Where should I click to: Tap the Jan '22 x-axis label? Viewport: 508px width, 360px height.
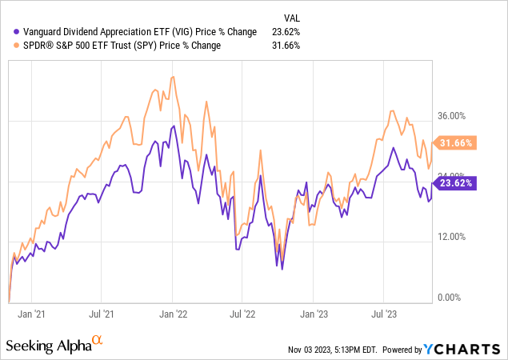click(x=174, y=316)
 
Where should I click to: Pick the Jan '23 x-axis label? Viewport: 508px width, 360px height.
click(x=314, y=316)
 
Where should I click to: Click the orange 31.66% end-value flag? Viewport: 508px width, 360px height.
click(x=454, y=143)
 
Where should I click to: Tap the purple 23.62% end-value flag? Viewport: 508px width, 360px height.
click(x=454, y=182)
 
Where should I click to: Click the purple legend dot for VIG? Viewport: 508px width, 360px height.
click(x=17, y=32)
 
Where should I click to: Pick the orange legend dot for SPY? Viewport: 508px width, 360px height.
click(x=17, y=46)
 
